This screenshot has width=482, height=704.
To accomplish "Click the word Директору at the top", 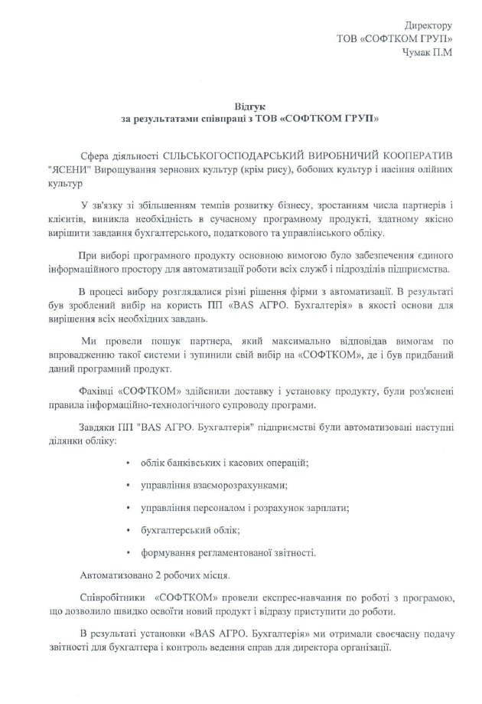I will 426,26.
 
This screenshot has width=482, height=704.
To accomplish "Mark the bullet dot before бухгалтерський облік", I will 125,529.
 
